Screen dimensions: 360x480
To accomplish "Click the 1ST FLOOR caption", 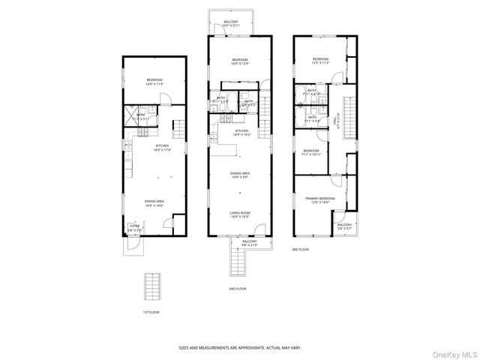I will (151, 312).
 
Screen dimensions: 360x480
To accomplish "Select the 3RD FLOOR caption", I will (300, 250).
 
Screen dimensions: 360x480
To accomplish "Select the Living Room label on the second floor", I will (240, 214).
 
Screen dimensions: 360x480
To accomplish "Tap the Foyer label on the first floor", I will (134, 226).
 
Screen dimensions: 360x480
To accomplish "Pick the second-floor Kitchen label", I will (241, 132).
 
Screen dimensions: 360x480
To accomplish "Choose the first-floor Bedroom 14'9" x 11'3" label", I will (154, 82).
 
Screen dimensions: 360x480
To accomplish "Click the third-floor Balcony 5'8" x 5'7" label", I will (345, 226).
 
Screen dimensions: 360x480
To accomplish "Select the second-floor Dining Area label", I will (240, 175).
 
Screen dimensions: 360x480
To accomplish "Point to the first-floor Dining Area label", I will (155, 202).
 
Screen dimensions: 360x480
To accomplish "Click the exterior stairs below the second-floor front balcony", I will (239, 263).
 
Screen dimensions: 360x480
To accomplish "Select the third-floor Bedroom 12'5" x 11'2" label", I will (320, 61).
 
